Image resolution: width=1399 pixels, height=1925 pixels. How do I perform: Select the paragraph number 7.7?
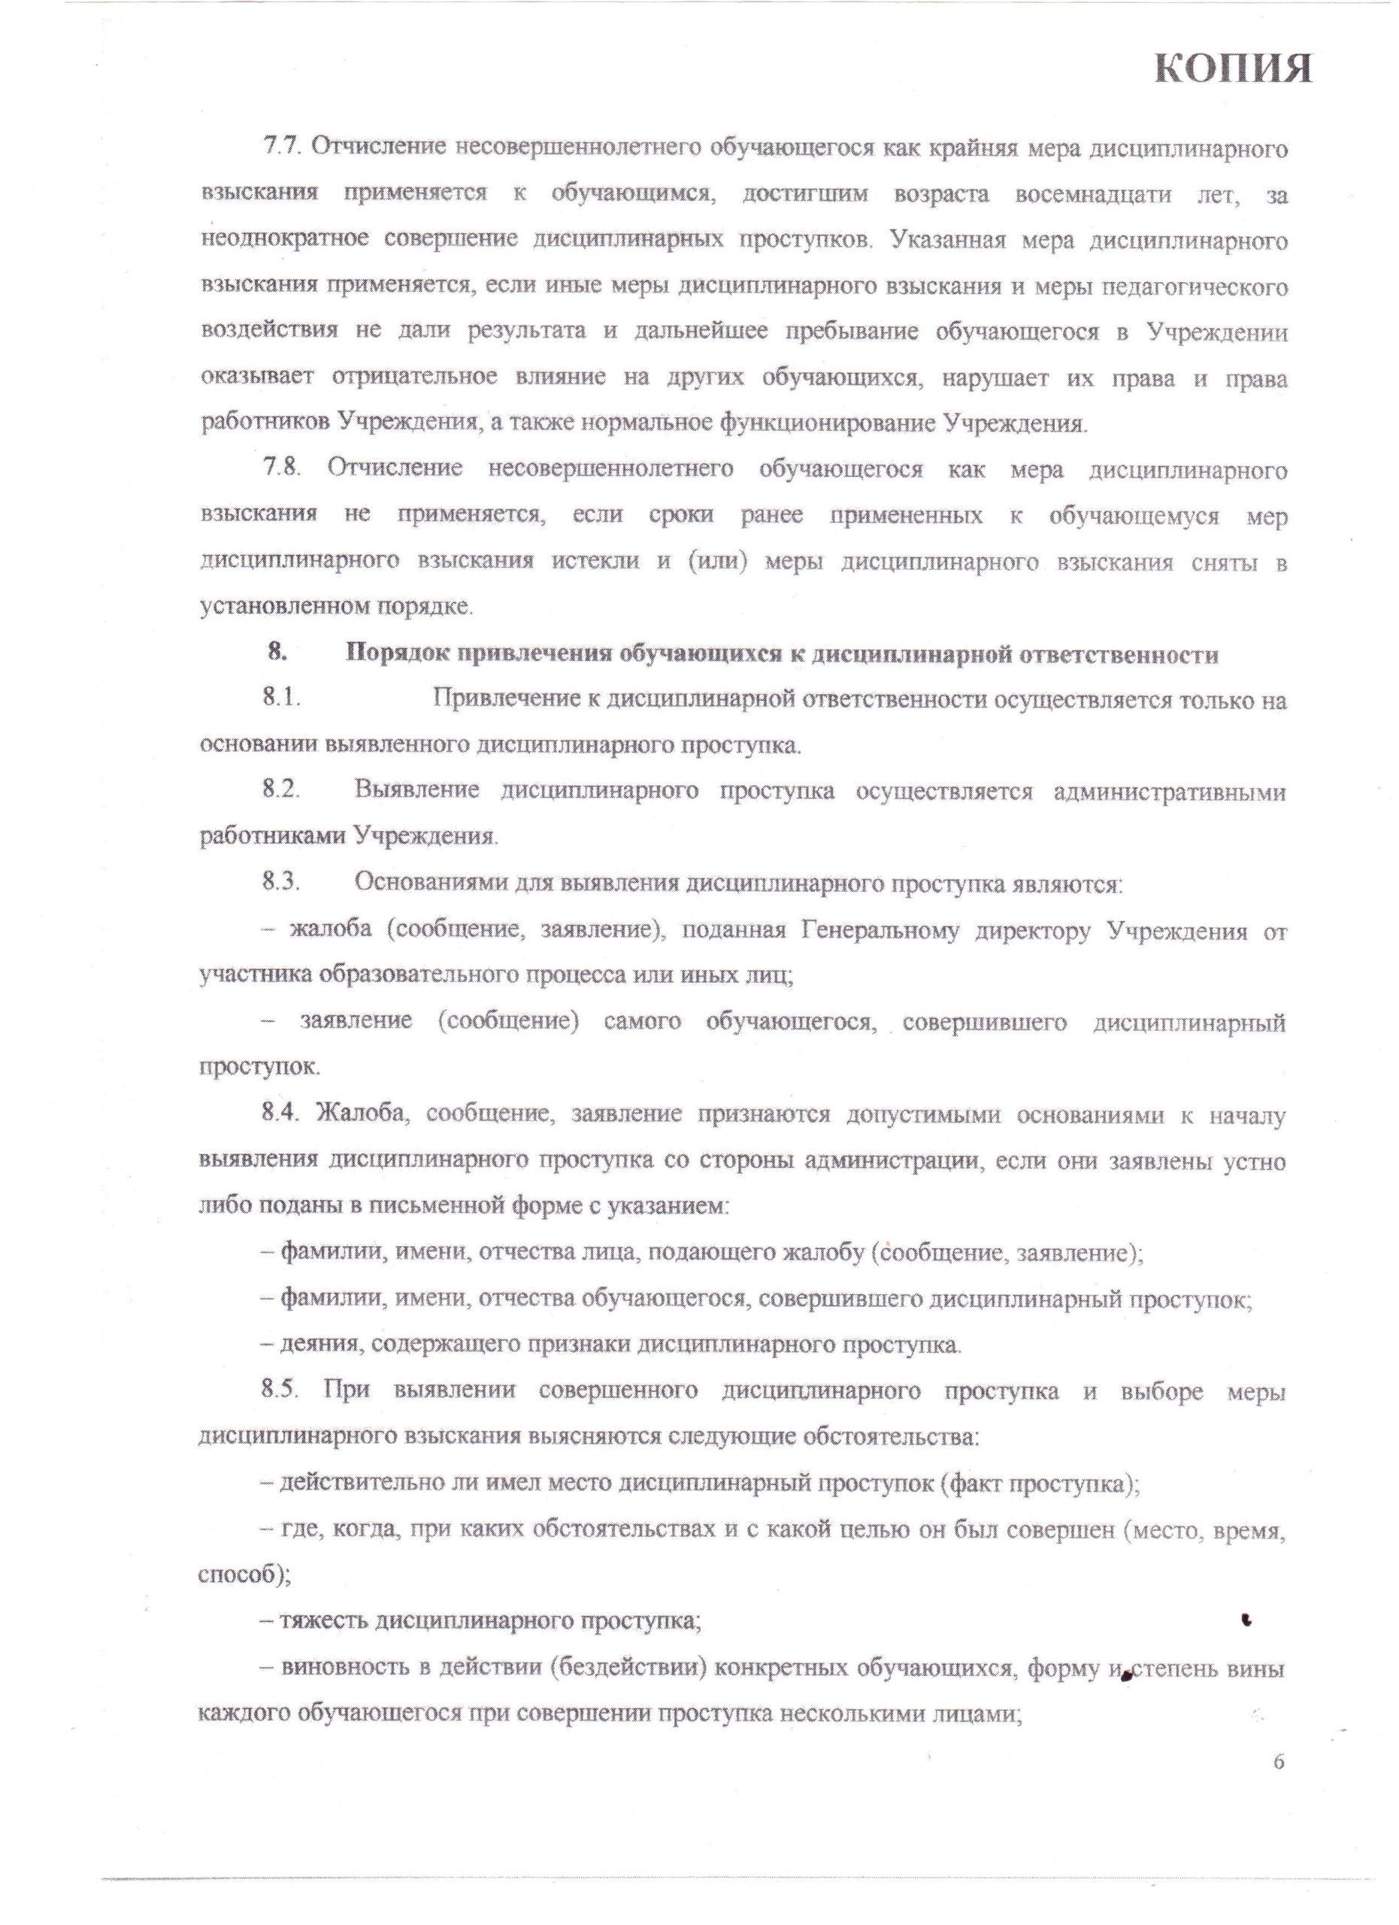pyautogui.click(x=283, y=147)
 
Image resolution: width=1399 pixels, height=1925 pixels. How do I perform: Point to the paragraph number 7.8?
pyautogui.click(x=283, y=469)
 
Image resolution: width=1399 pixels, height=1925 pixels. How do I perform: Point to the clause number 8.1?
pyautogui.click(x=283, y=700)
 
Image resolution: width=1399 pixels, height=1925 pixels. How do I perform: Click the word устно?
pyautogui.click(x=1254, y=1161)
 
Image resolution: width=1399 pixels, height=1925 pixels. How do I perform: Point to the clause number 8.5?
pyautogui.click(x=283, y=1391)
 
